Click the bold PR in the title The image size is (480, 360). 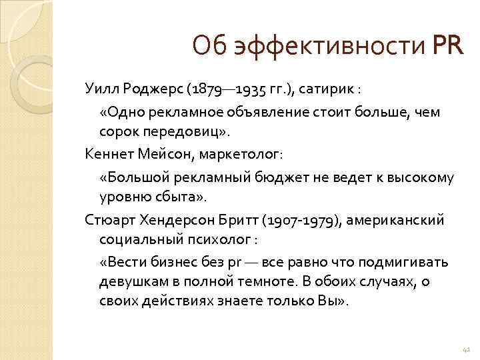point(447,47)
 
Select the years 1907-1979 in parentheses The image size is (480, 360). point(301,219)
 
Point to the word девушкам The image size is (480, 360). point(133,281)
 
